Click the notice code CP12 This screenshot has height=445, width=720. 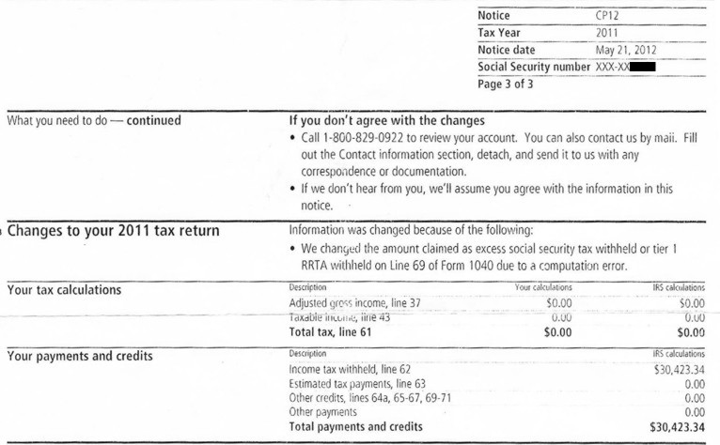pyautogui.click(x=607, y=16)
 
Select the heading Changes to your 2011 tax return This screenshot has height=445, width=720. pyautogui.click(x=113, y=233)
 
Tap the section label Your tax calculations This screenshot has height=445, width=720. pyautogui.click(x=64, y=290)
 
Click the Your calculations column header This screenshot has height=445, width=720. pyautogui.click(x=543, y=286)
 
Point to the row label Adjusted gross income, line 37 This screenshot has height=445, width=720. pyautogui.click(x=356, y=303)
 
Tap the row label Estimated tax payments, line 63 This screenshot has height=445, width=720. pyautogui.click(x=357, y=384)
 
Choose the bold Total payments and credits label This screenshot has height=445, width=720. pyautogui.click(x=355, y=426)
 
